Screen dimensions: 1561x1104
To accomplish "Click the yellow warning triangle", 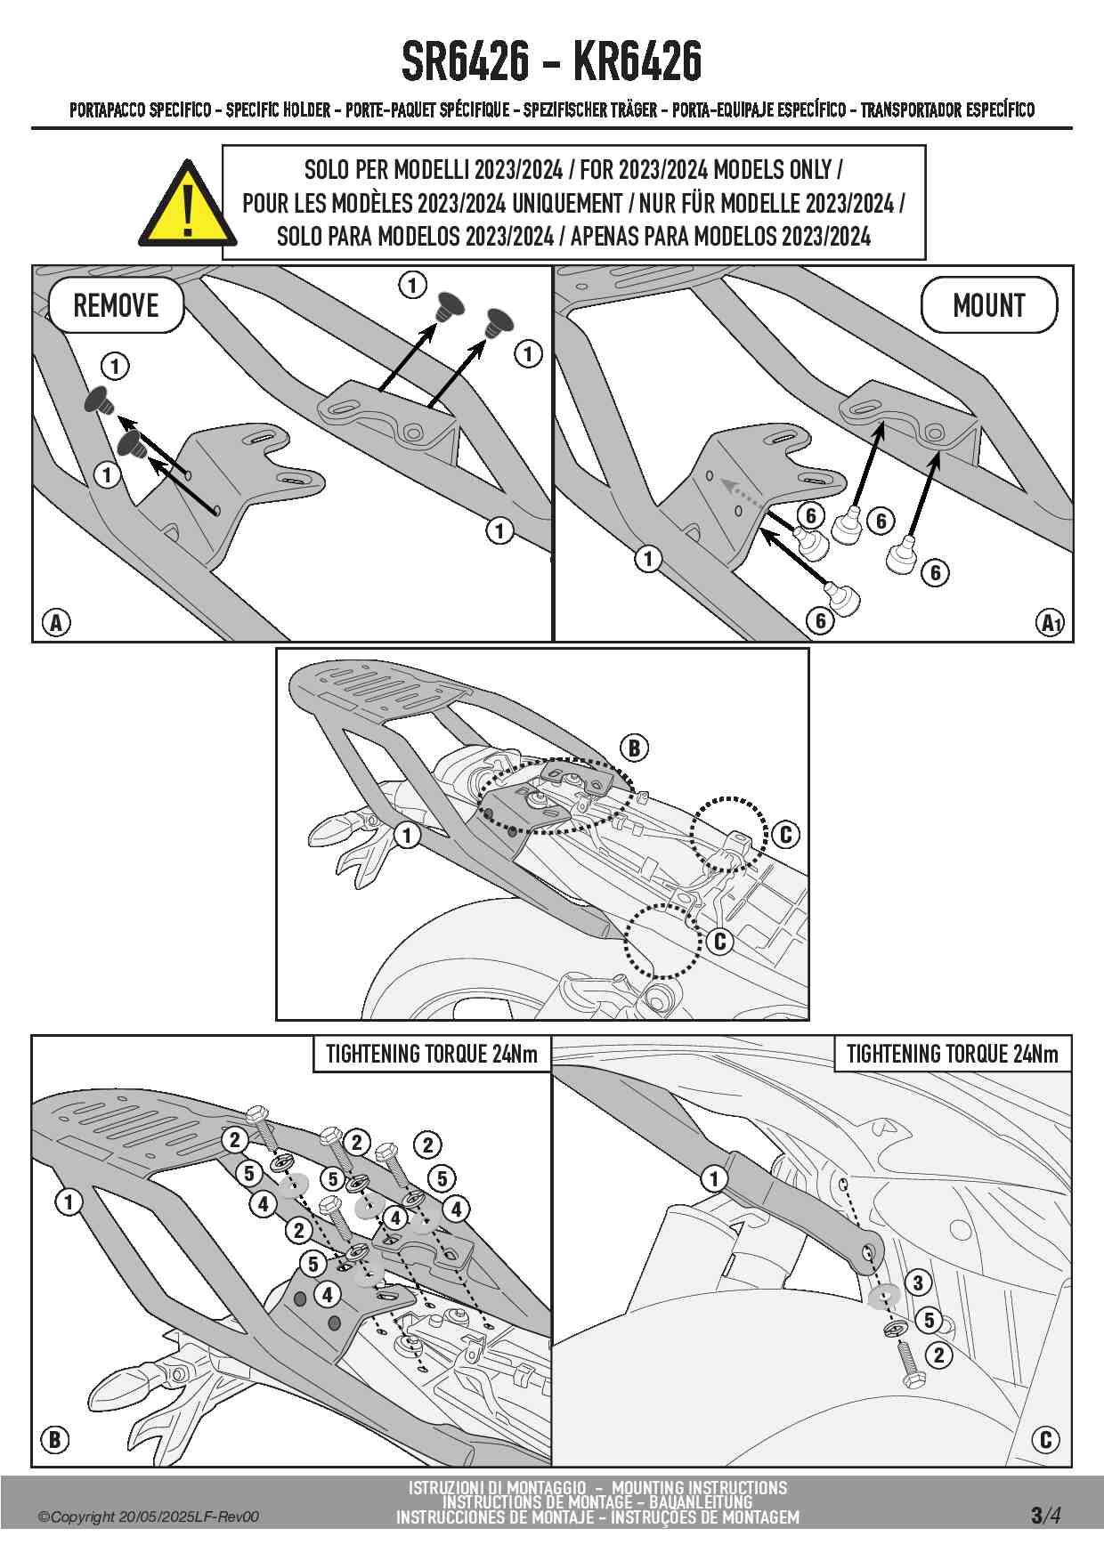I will (x=187, y=207).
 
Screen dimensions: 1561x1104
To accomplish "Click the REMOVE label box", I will (x=116, y=305).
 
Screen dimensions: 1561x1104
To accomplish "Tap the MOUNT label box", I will (x=988, y=305).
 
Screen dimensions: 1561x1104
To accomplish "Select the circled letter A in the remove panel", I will (x=56, y=622).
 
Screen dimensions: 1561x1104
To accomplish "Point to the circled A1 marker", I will (x=1051, y=622).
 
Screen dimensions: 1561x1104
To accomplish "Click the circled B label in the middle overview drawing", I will (x=634, y=748).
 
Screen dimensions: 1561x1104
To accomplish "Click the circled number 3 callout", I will (x=918, y=1282).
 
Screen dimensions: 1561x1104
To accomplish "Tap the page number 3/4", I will (x=1045, y=1515).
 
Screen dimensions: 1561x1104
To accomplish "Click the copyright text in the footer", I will (x=149, y=1517).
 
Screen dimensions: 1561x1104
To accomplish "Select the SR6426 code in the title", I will (x=465, y=62).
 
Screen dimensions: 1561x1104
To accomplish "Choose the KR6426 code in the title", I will (x=637, y=62).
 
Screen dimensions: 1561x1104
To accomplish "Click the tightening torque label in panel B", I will (x=432, y=1054).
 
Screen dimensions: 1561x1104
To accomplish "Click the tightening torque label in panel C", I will (x=953, y=1054).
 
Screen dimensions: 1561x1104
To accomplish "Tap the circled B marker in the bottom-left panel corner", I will (x=55, y=1439).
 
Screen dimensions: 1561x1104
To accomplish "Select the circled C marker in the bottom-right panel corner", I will (x=1045, y=1439).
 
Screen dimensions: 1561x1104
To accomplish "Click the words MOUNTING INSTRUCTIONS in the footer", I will (x=699, y=1487).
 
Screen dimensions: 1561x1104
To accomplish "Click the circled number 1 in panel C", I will (x=713, y=1179).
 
